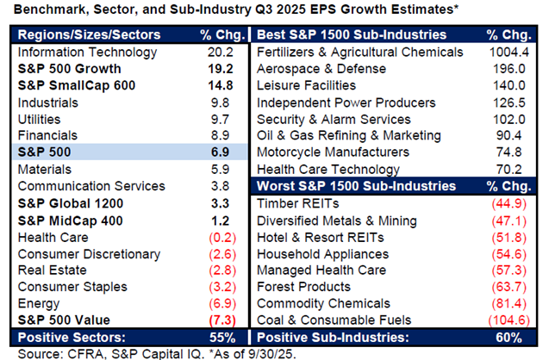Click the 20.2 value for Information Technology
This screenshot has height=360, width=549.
(221, 53)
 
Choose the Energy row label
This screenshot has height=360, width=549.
(40, 303)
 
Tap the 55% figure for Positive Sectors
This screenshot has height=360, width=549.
(221, 336)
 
